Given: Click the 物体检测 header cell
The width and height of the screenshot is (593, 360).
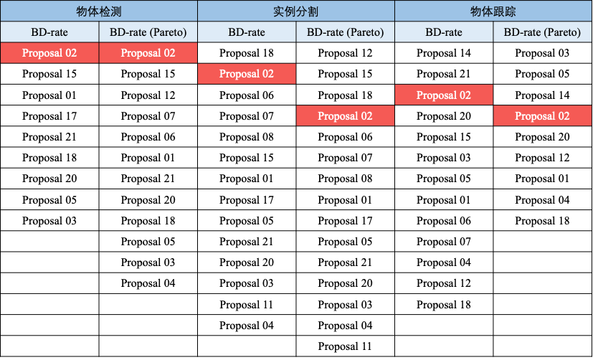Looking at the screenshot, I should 99,11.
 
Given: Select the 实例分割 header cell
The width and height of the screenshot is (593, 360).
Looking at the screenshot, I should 296,11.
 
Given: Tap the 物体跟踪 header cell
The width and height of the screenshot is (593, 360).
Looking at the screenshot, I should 493,11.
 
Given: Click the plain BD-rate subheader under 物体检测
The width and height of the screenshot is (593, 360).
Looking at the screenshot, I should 49,32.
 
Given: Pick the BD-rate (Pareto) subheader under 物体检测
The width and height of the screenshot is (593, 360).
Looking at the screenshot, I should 148,32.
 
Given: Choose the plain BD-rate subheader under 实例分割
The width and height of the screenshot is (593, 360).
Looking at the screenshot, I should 247,32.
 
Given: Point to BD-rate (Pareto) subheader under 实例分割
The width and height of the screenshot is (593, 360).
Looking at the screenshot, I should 345,32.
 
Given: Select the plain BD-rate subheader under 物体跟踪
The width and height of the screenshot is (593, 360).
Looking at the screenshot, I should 444,32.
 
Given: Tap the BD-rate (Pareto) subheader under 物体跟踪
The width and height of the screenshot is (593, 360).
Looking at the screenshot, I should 542,32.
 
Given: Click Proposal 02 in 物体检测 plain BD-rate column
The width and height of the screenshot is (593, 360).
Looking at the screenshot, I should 49,53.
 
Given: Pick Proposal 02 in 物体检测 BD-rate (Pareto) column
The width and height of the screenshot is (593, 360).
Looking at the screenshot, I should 148,53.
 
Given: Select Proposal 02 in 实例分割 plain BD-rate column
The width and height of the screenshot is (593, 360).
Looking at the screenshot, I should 247,74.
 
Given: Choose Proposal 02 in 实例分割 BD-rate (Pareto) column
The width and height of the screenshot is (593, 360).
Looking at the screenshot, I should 345,116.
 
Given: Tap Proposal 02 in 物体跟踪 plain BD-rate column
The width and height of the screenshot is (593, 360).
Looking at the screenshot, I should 444,95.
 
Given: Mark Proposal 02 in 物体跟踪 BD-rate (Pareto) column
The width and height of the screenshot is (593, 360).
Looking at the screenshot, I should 542,116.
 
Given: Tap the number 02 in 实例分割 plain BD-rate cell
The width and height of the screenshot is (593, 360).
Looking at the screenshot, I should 267,74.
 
